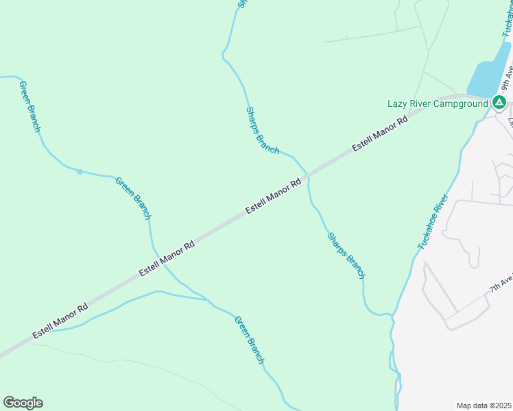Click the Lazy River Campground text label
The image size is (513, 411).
click(438, 103)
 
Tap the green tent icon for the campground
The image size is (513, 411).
click(499, 103)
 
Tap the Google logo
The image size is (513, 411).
click(23, 403)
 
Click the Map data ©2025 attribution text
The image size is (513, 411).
click(484, 406)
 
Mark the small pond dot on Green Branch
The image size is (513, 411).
click(80, 171)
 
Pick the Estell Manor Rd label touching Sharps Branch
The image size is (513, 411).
click(274, 196)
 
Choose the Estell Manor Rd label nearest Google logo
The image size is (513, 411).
click(60, 320)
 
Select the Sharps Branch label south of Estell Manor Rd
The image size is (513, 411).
click(346, 256)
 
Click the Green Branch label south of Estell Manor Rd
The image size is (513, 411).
click(249, 340)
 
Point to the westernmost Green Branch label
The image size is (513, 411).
click(30, 107)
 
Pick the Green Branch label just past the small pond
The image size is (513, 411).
click(132, 199)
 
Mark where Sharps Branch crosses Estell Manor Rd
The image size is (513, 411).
click(309, 174)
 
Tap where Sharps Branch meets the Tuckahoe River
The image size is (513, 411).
click(392, 314)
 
